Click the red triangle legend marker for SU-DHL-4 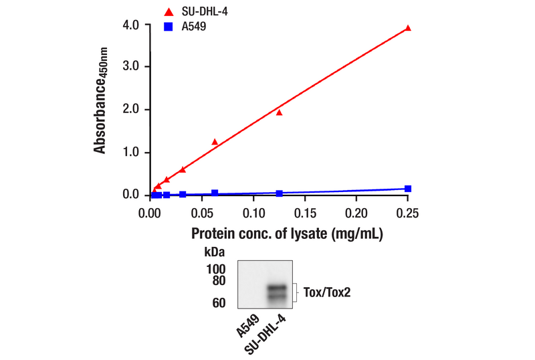click(x=169, y=11)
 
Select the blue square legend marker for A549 click(x=169, y=27)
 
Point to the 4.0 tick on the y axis click(x=130, y=25)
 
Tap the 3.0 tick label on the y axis click(x=130, y=67)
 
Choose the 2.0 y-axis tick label click(x=130, y=110)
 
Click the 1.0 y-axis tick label click(x=130, y=153)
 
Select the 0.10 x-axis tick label click(x=253, y=213)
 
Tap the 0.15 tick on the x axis click(x=304, y=213)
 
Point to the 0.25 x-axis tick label click(x=407, y=213)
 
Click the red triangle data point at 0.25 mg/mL click(x=408, y=28)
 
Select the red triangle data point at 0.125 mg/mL click(x=279, y=112)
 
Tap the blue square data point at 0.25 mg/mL click(x=408, y=189)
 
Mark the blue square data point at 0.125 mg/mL click(x=279, y=193)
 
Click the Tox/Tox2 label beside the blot click(x=327, y=292)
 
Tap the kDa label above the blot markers click(x=214, y=253)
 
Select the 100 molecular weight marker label click(x=215, y=268)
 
